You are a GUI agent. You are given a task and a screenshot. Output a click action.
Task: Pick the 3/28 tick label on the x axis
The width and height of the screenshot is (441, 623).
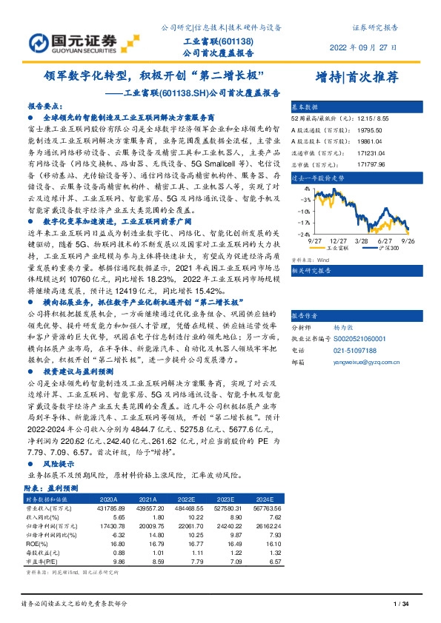coord(362,241)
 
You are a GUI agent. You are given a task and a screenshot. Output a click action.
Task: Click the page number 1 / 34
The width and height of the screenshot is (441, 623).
coord(402,605)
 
